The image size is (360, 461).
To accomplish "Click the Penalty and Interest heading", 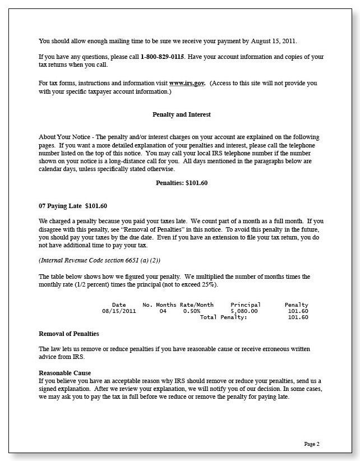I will coord(182,114).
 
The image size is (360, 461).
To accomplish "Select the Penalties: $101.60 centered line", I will coord(182,183).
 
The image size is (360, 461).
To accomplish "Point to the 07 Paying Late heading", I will coord(73,205).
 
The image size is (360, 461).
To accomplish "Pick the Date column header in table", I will coord(119,305).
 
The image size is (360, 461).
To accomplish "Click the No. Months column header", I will coord(159,305).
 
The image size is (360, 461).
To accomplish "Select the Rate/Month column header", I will coord(196,305).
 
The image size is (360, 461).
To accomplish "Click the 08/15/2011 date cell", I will coord(119,311).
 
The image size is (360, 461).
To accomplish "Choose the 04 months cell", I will coord(163,311).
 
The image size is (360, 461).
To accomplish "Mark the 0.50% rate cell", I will coord(192,311).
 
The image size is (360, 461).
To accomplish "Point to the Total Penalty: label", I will coord(223,317).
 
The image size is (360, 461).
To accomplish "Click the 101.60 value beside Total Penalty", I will coord(298,317).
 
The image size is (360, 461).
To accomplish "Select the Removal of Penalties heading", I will coord(69,334).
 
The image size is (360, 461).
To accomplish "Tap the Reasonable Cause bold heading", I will coord(64,373).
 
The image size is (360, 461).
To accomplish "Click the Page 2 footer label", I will coord(312,444).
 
